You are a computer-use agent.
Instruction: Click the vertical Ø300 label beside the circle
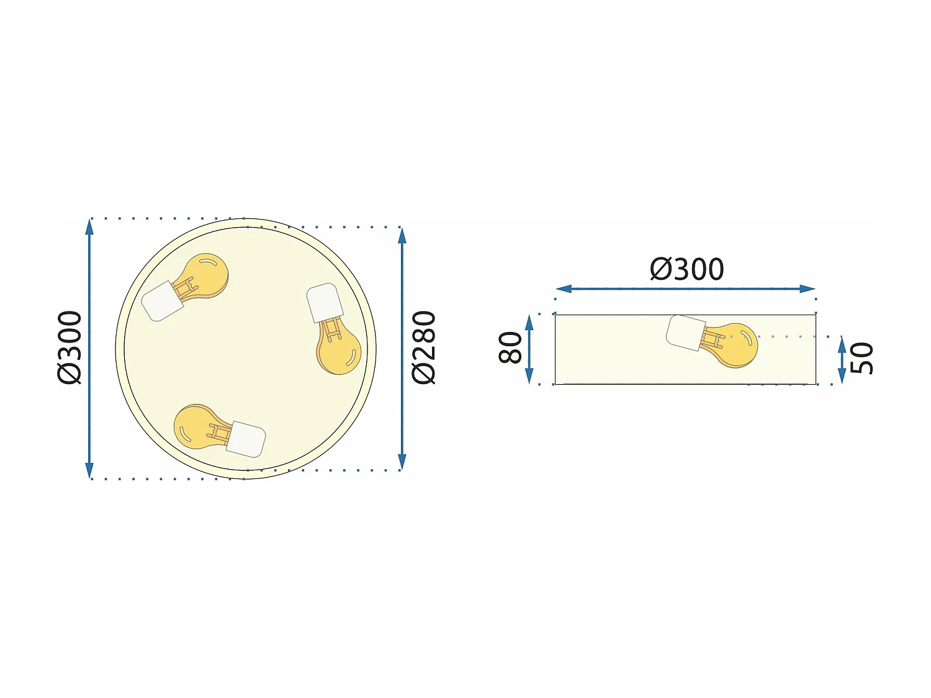70,347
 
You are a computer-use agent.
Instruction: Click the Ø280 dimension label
425,347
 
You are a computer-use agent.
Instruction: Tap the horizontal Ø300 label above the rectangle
686,269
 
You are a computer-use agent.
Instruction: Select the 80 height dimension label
511,347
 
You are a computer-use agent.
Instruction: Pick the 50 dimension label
861,359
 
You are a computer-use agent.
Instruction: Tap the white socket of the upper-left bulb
161,302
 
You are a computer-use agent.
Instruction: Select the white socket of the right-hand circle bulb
324,302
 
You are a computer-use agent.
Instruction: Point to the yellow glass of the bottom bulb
193,427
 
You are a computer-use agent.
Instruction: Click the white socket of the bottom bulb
247,439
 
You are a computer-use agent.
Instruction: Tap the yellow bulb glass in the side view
736,345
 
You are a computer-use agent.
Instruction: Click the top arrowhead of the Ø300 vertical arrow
89,226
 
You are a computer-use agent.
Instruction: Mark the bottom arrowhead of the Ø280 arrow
402,462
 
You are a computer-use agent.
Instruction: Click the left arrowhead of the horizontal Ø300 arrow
564,289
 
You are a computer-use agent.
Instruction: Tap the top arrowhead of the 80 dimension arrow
529,322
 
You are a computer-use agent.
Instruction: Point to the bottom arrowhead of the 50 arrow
842,376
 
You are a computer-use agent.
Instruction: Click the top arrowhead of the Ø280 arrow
402,236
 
